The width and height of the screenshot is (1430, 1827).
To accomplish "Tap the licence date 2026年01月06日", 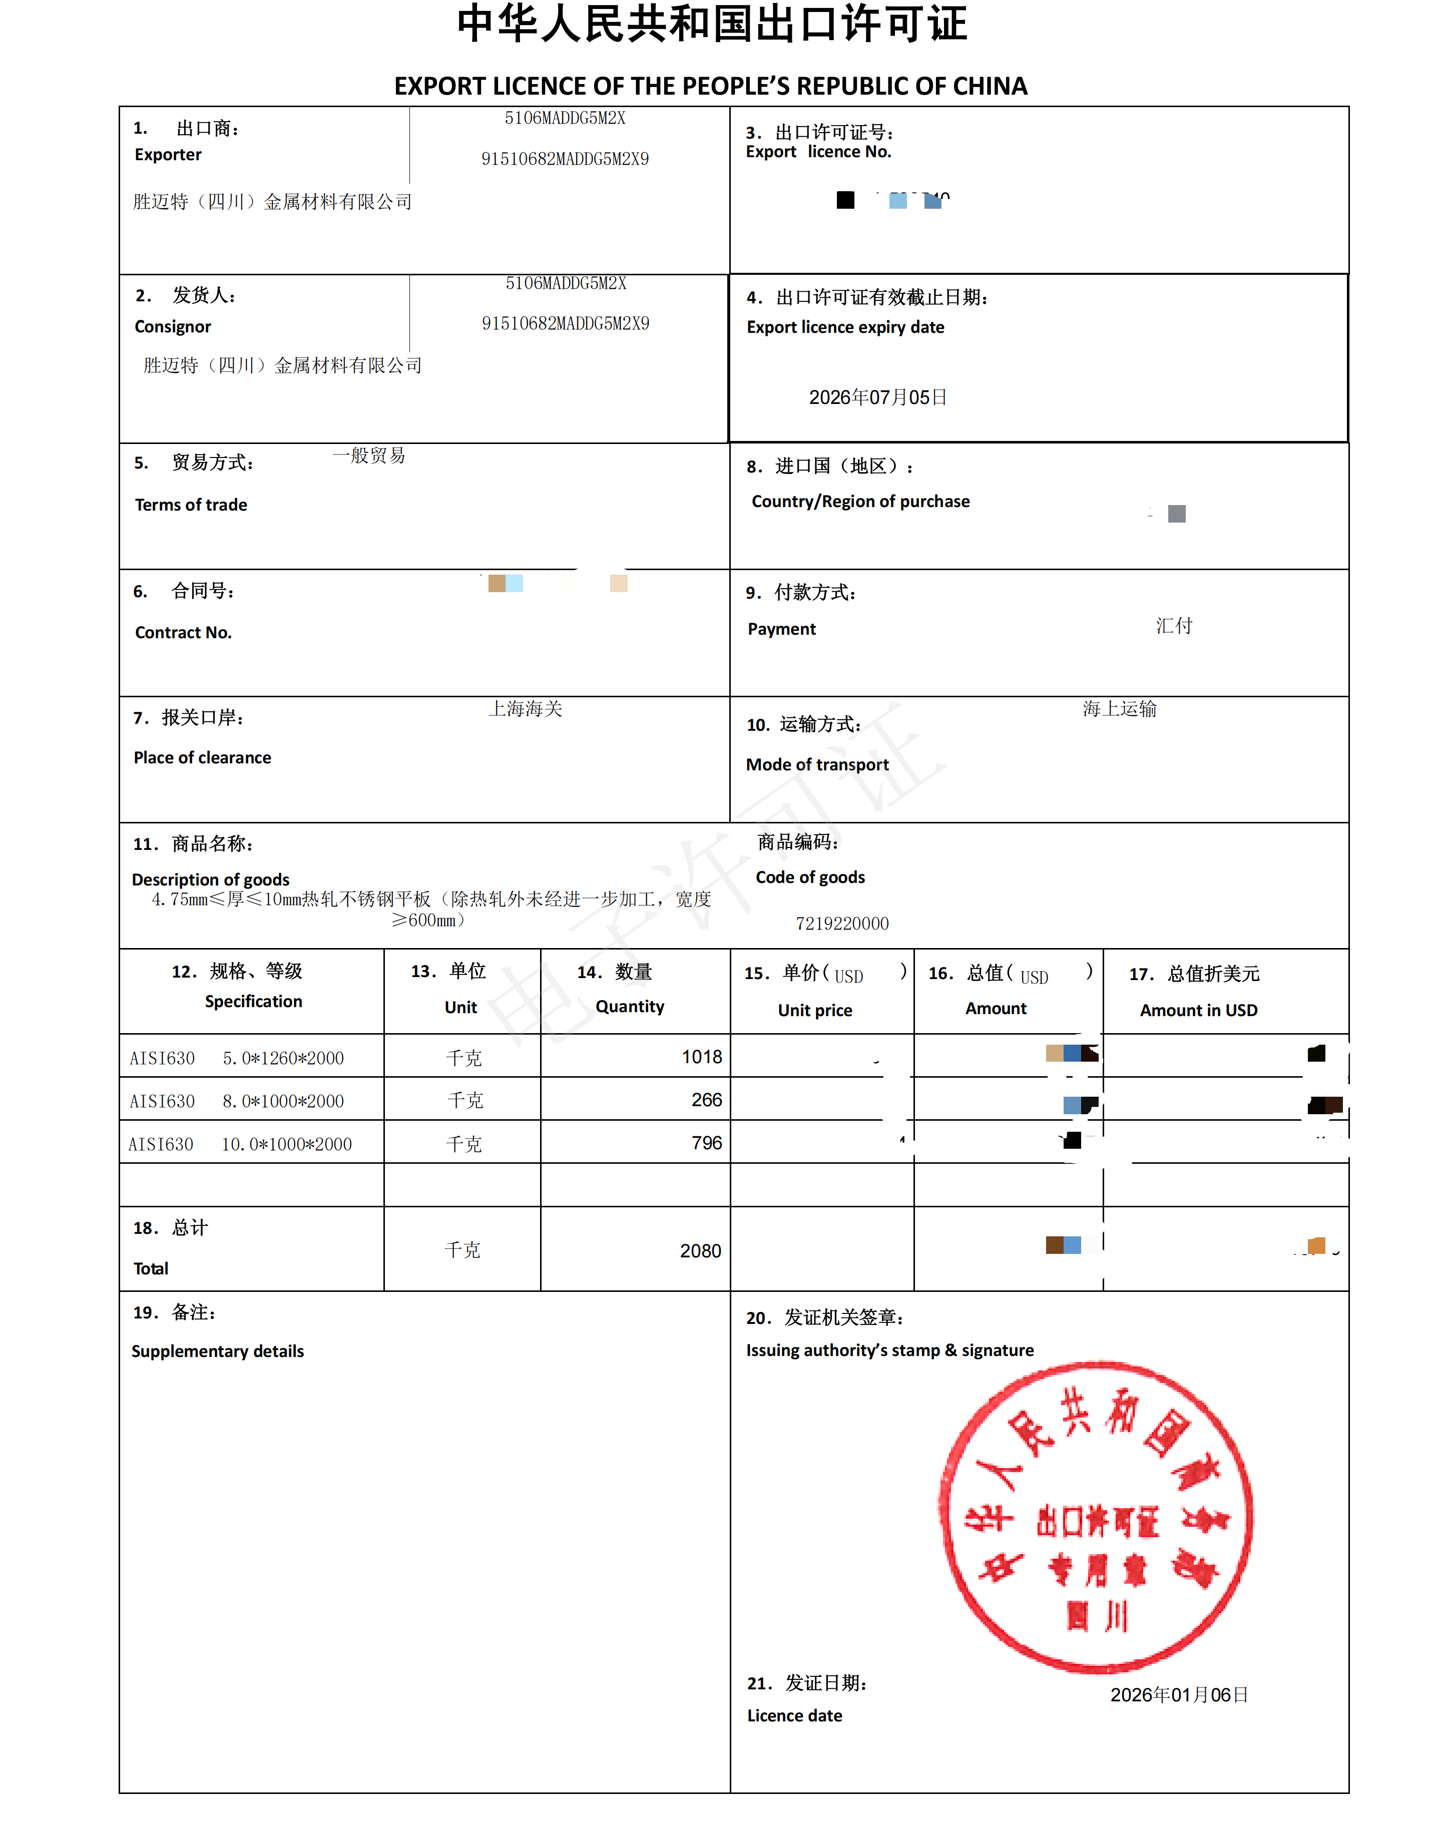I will pyautogui.click(x=1179, y=1695).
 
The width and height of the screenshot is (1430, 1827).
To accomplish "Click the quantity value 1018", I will pyautogui.click(x=702, y=1057).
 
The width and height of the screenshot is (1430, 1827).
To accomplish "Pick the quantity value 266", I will pyautogui.click(x=707, y=1099).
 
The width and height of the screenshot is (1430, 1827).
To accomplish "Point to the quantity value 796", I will pyautogui.click(x=707, y=1143).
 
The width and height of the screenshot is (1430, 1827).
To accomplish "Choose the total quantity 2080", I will pyautogui.click(x=700, y=1251).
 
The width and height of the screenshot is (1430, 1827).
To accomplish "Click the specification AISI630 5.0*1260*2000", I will pyautogui.click(x=237, y=1058).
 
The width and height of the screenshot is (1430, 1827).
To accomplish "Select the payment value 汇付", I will pyautogui.click(x=1174, y=626).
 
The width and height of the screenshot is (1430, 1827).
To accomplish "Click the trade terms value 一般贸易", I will pyautogui.click(x=369, y=455).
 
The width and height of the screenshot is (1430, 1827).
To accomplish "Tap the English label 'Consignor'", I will pyautogui.click(x=173, y=326).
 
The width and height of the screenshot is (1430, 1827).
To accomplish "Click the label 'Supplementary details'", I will pyautogui.click(x=218, y=1351).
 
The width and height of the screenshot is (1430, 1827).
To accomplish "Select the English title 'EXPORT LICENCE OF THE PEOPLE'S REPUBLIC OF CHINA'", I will pyautogui.click(x=711, y=86).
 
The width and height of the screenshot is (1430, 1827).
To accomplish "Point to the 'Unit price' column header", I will pyautogui.click(x=815, y=1011).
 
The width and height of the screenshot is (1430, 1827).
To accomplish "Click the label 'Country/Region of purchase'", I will pyautogui.click(x=861, y=502).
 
